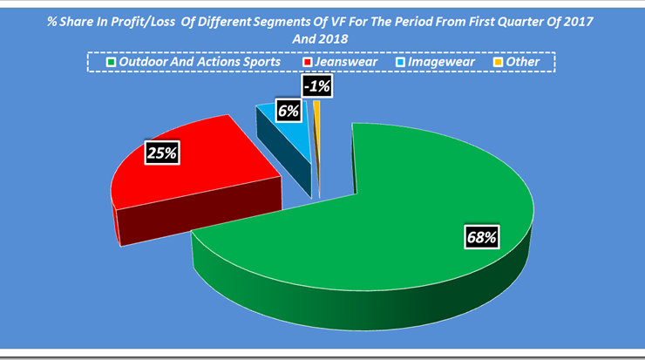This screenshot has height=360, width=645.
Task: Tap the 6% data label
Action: (289, 111)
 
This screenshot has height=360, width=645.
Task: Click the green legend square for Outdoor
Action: (111, 62)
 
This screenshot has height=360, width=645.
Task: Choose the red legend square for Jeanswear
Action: (307, 62)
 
